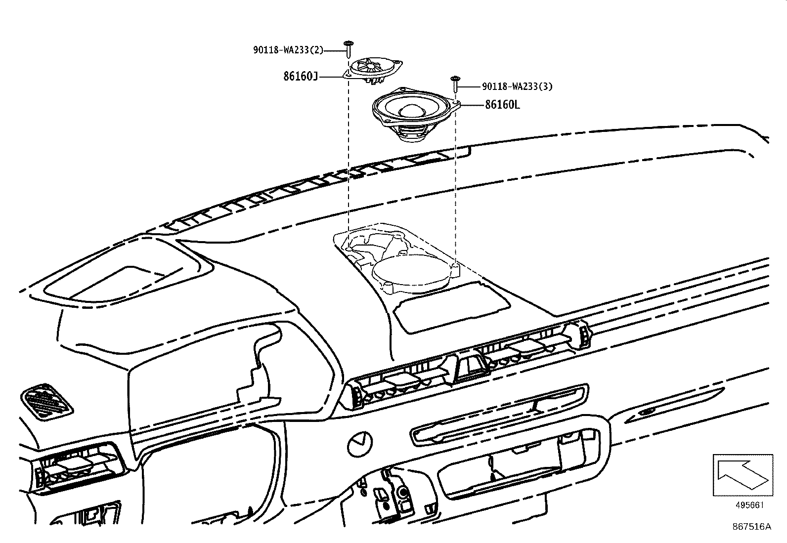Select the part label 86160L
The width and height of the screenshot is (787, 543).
(x=502, y=105)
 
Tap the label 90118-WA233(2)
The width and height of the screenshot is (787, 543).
(x=295, y=49)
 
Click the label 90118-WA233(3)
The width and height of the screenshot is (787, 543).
(x=517, y=86)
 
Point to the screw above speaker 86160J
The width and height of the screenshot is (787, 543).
(x=349, y=49)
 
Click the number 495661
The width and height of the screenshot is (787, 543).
(x=749, y=505)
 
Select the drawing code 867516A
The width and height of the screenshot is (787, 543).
(x=751, y=526)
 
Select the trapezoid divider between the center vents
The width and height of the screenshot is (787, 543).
(x=468, y=368)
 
